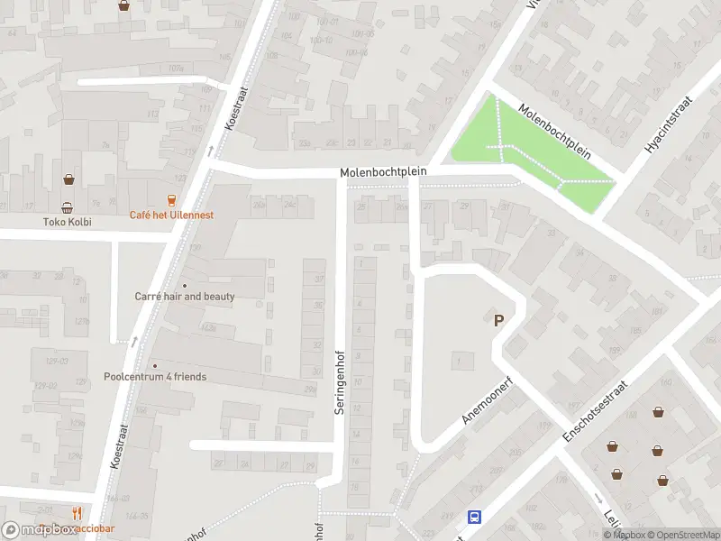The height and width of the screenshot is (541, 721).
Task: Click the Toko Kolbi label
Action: pos(68,222)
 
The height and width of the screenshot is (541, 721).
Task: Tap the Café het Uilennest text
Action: pos(171,215)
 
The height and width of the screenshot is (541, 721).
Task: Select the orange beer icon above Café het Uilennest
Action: pos(171,199)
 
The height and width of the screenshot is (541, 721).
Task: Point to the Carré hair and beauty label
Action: pos(185,297)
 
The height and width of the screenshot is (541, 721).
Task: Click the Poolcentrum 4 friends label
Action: pos(155,377)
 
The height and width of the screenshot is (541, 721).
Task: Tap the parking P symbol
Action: pos(497,320)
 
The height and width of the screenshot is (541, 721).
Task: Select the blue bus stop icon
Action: pos(474,518)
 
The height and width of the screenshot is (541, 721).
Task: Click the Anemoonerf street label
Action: pos(486,400)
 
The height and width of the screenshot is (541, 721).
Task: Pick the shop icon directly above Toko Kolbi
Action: pos(68,206)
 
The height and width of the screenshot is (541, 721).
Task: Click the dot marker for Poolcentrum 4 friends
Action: pos(155,365)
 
